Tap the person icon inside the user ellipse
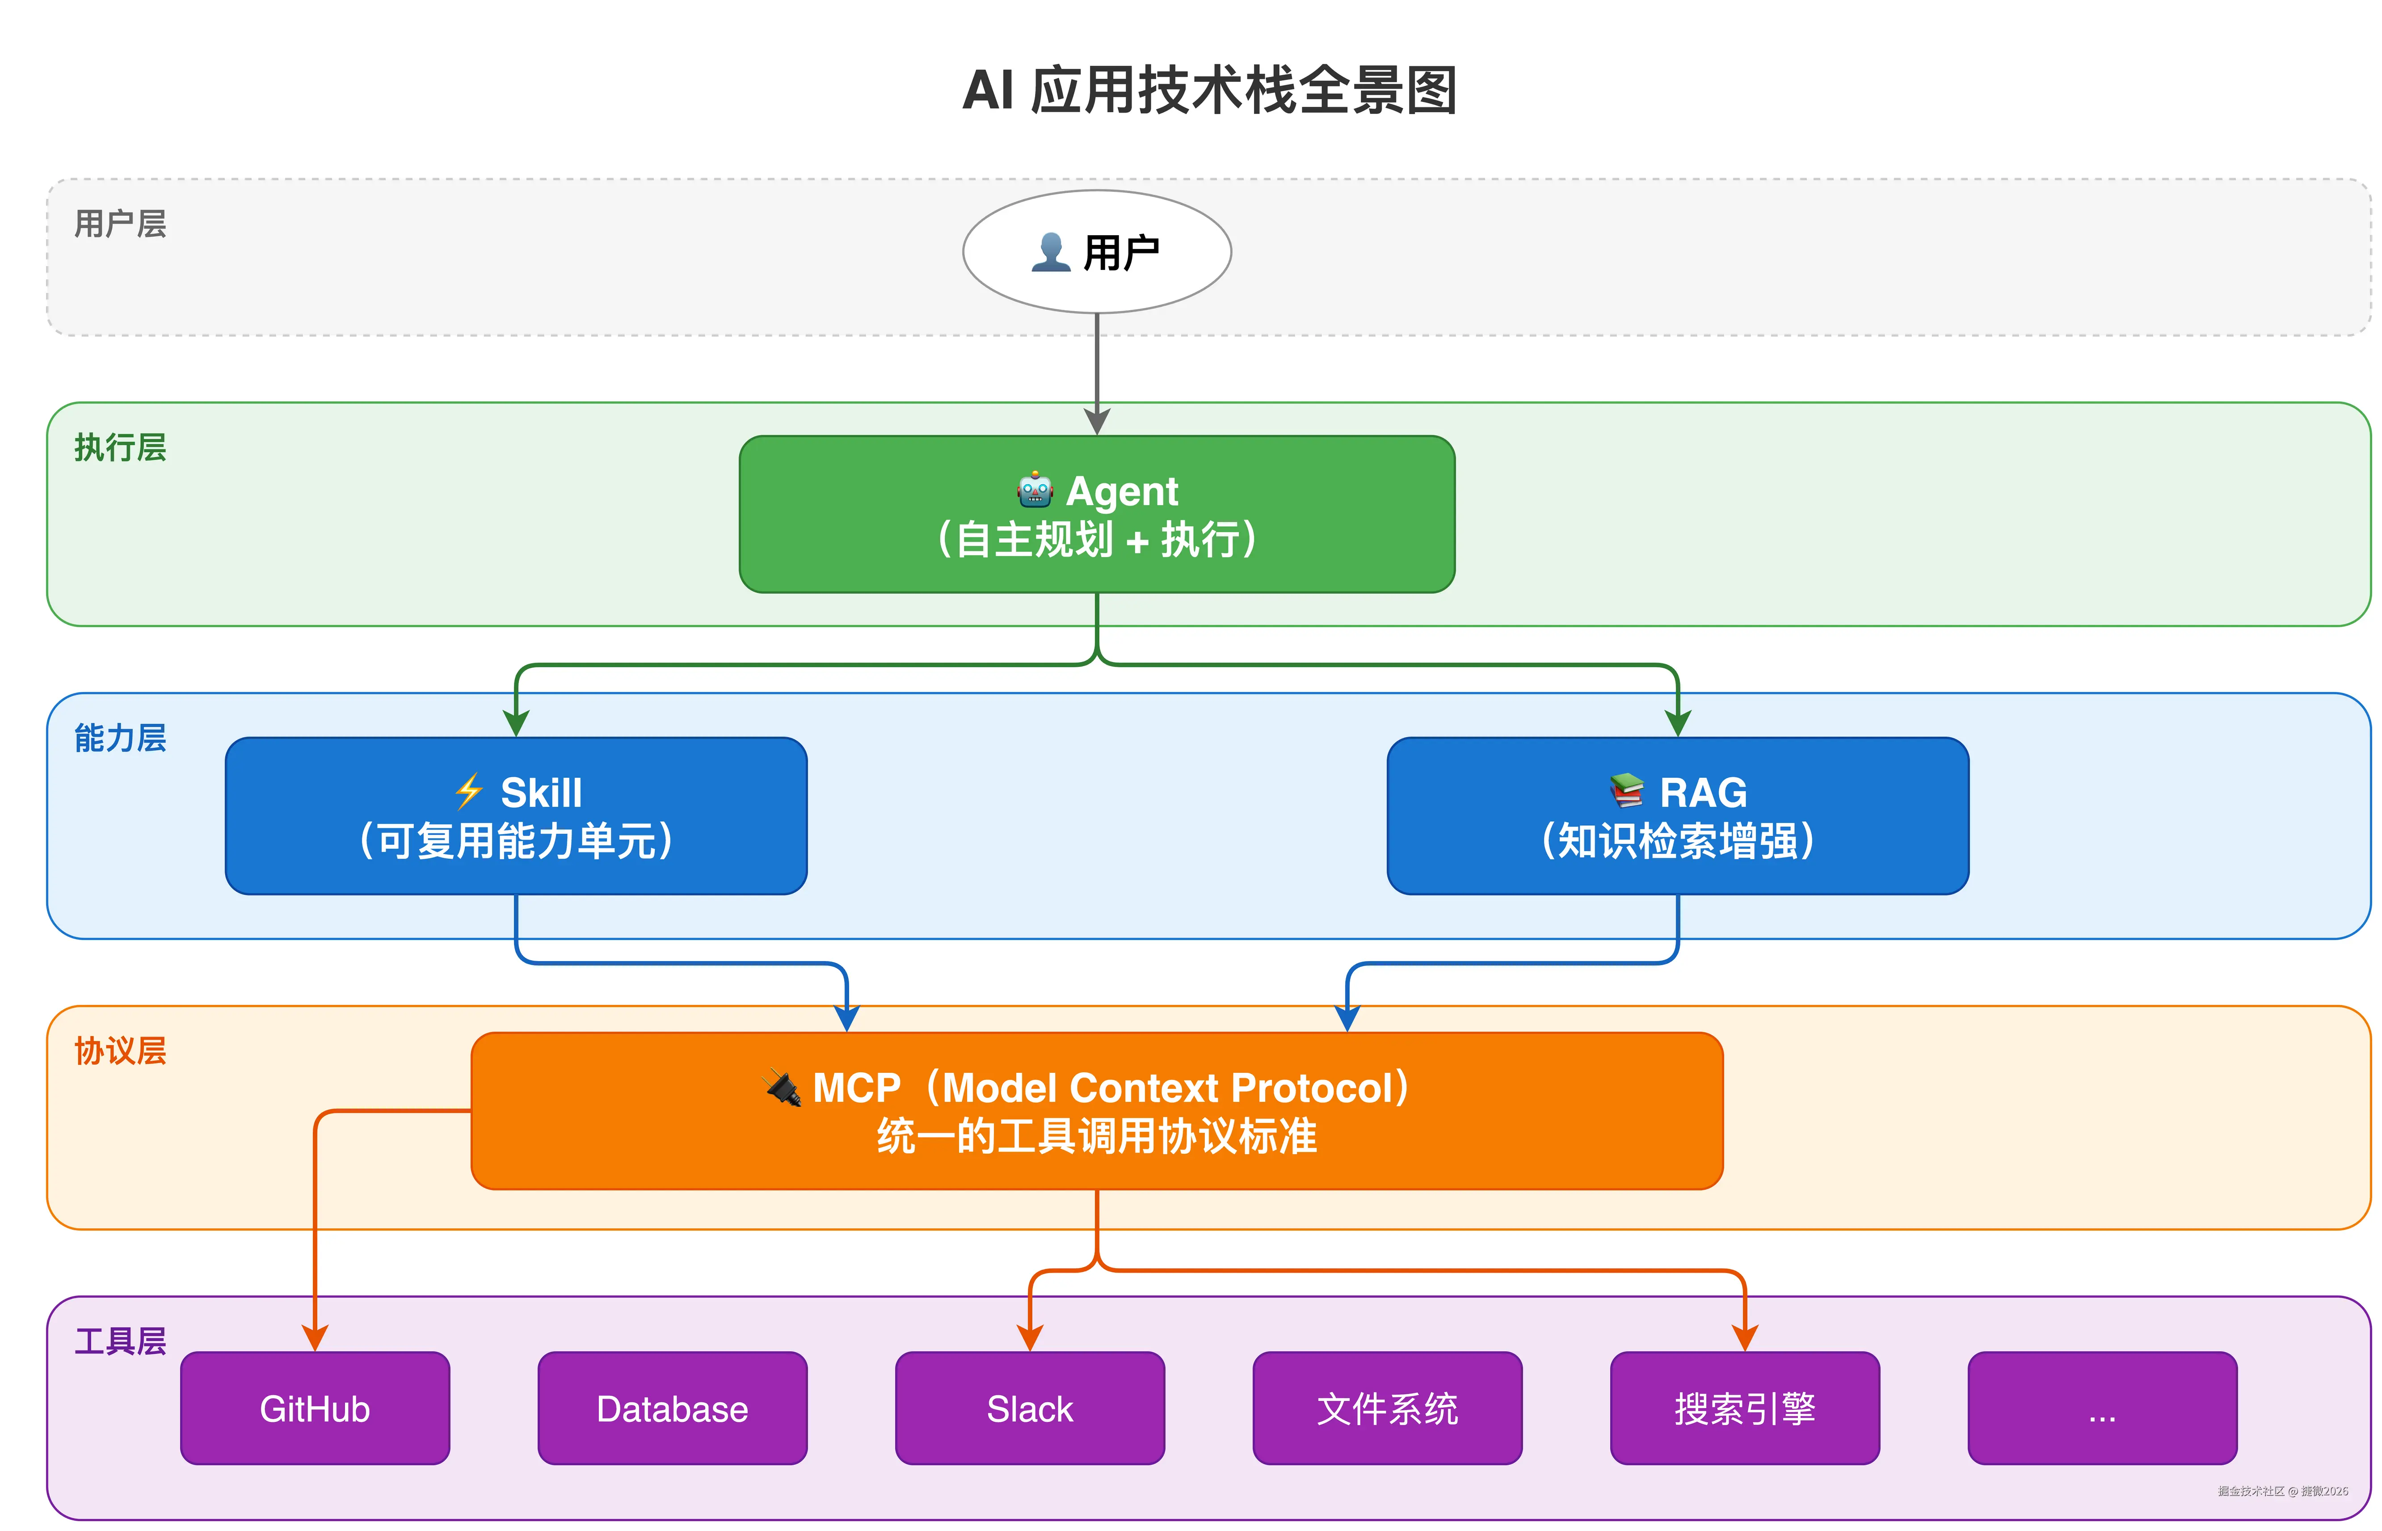[x=1049, y=253]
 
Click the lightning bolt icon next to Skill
[x=468, y=793]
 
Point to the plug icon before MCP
[x=783, y=1088]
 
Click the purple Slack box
[x=1030, y=1408]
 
